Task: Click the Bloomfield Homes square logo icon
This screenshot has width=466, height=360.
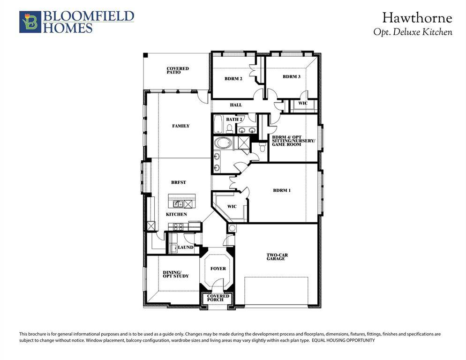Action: [x=30, y=22]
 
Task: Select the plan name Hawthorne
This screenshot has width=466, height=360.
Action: [x=417, y=18]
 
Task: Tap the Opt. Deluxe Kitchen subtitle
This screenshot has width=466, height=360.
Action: [x=413, y=32]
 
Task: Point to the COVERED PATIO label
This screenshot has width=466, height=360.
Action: [x=178, y=70]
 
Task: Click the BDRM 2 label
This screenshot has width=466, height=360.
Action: [x=233, y=79]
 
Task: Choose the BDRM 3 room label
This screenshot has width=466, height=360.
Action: [x=292, y=76]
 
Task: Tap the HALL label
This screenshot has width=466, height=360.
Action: [x=235, y=105]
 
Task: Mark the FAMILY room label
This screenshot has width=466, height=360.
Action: [x=180, y=126]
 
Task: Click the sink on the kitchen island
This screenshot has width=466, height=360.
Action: [x=178, y=204]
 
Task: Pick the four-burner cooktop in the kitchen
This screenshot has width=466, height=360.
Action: [x=179, y=226]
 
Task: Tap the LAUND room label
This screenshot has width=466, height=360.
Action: [x=186, y=247]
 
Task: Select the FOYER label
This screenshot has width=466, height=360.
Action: [x=218, y=269]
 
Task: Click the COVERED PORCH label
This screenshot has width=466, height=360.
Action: [x=218, y=298]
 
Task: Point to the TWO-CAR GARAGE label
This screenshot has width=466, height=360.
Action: [x=277, y=256]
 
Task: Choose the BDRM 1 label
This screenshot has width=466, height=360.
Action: [x=282, y=190]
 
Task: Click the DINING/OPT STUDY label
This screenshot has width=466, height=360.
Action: [x=176, y=274]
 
